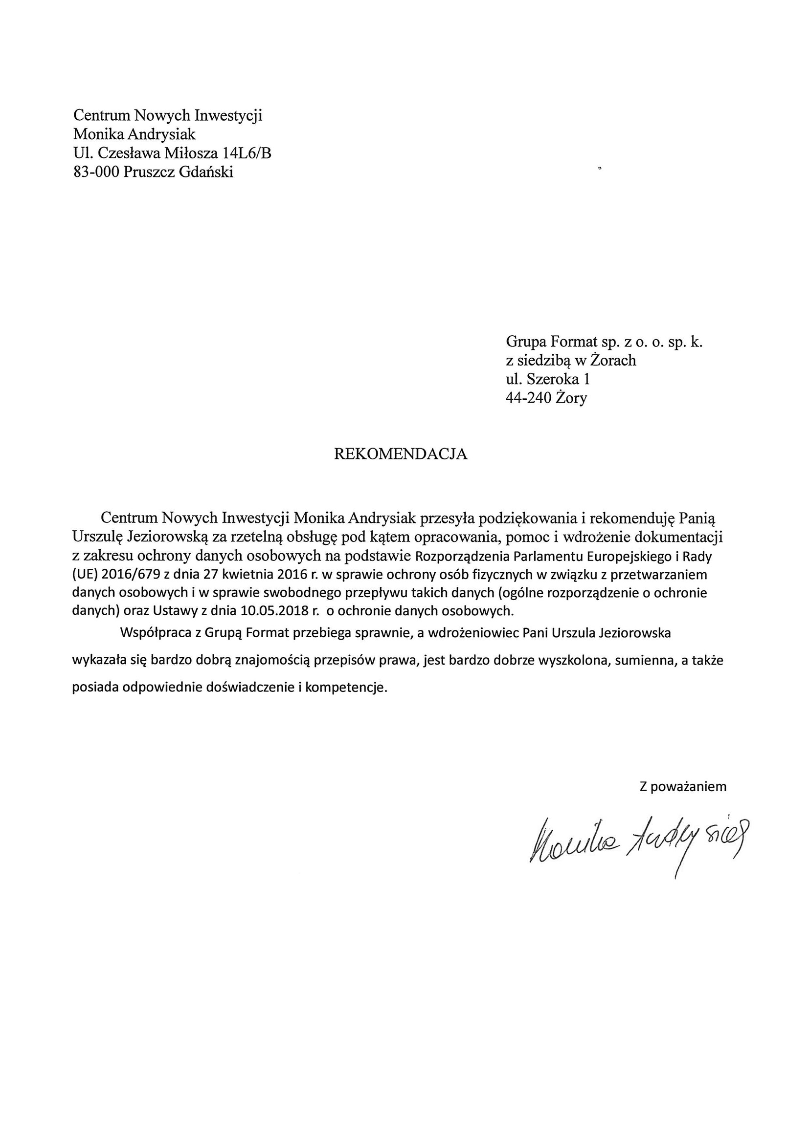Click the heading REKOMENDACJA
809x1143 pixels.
click(400, 454)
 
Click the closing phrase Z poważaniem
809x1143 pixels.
click(683, 787)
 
